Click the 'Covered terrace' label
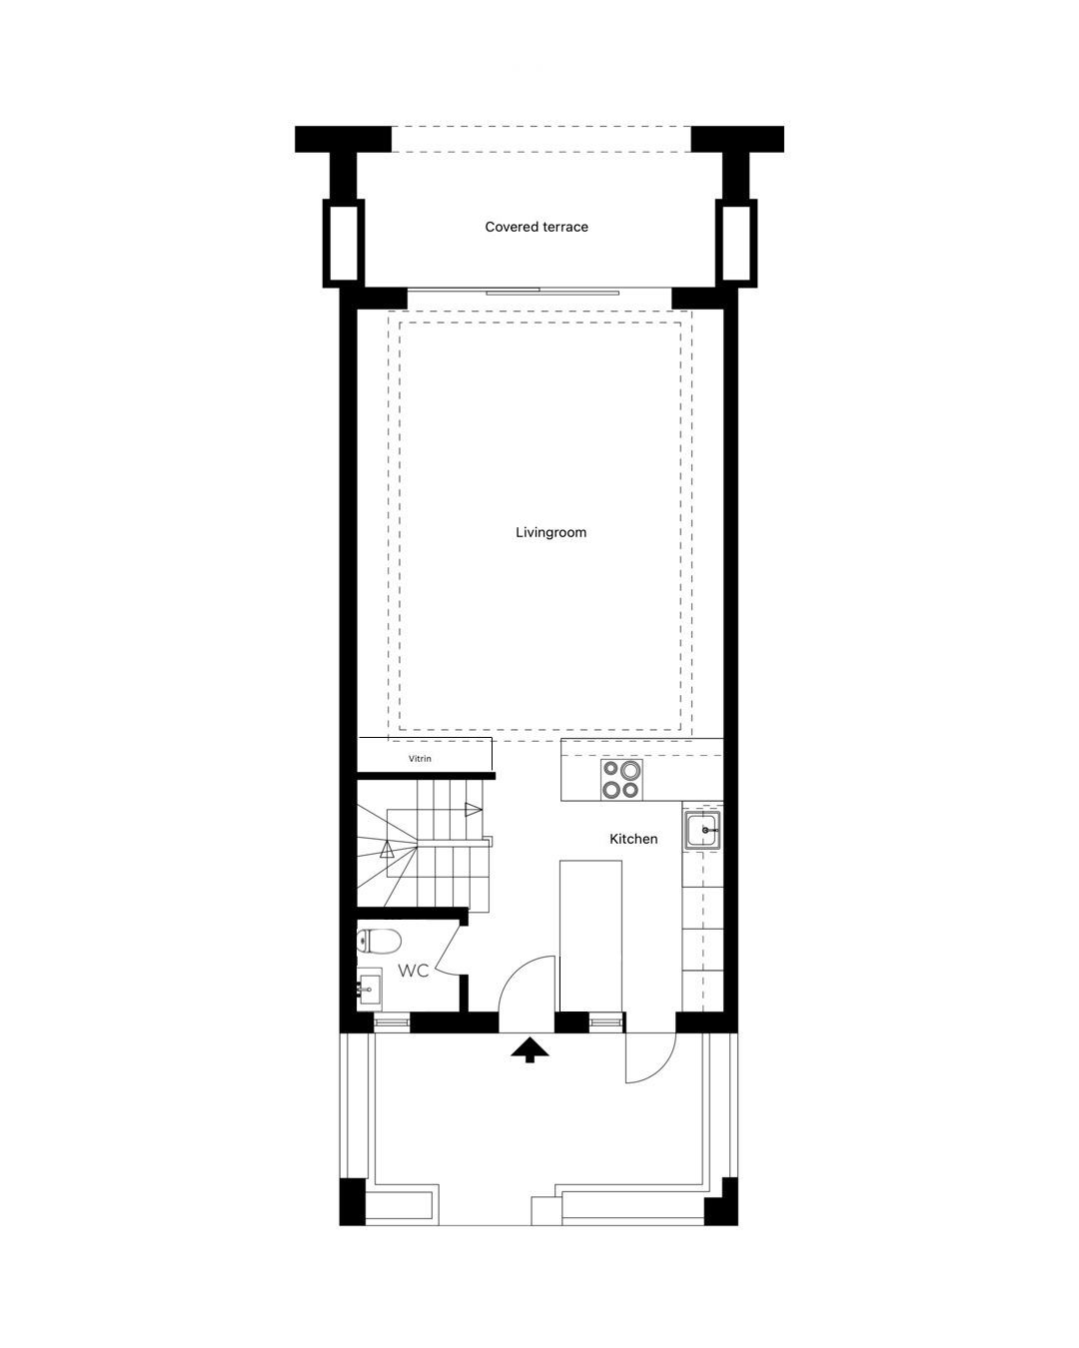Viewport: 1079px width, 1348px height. point(537,227)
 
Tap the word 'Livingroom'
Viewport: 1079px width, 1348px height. point(550,532)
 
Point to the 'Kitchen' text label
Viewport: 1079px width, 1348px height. point(633,839)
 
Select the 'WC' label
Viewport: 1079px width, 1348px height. point(414,971)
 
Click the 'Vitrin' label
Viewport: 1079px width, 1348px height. point(420,759)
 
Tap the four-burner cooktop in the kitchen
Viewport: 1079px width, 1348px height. point(621,779)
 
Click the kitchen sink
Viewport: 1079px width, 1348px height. point(702,830)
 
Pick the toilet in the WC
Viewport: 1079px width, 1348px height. point(378,941)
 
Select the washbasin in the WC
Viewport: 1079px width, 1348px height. point(370,990)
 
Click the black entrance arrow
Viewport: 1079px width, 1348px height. point(530,1049)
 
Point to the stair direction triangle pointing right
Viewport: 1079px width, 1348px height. point(473,810)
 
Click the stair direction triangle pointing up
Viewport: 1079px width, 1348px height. point(387,849)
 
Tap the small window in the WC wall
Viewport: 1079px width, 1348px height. point(392,1021)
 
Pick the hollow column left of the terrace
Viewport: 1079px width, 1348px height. point(343,243)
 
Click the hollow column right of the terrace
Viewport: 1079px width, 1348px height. point(736,243)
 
